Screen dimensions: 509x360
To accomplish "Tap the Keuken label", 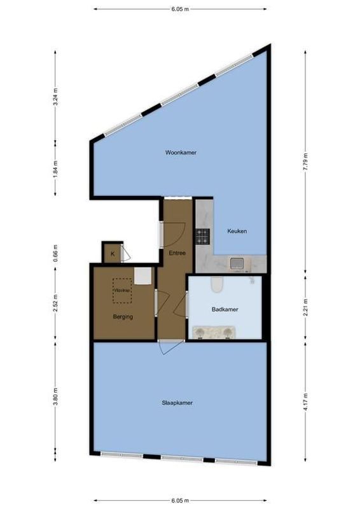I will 237,231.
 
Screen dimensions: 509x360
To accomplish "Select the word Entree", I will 177,253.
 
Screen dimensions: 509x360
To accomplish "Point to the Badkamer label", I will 225,310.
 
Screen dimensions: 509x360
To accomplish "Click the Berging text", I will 123,316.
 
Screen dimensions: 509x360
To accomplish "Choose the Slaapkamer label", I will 177,403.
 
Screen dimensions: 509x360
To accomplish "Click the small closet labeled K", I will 113,254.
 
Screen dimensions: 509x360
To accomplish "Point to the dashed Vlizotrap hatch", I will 122,290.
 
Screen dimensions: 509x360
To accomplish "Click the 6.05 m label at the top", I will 180,10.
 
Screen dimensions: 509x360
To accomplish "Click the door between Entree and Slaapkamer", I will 169,347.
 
